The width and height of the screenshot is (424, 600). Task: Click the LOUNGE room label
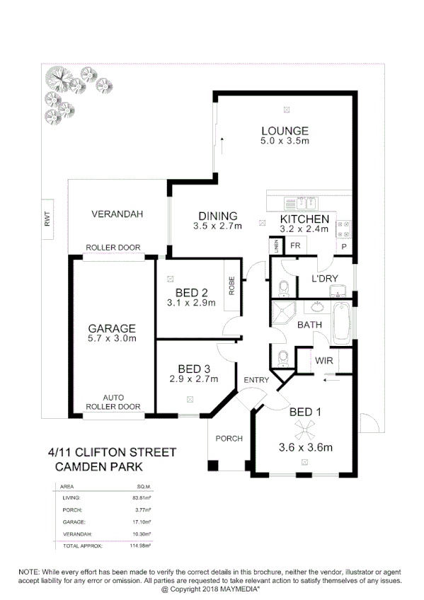[285, 131]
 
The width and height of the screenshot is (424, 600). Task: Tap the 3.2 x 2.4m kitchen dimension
[304, 229]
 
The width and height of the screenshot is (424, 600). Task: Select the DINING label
[217, 217]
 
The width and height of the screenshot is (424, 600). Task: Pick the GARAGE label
[112, 328]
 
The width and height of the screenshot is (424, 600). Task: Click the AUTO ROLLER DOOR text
[113, 402]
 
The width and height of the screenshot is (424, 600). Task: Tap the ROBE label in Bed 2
[231, 284]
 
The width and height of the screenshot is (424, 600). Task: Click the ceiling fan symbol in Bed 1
[304, 426]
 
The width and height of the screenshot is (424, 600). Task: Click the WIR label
[324, 360]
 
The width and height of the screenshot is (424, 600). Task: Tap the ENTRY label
[256, 381]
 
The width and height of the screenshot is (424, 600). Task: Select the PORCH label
[229, 438]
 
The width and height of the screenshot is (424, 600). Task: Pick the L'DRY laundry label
[324, 279]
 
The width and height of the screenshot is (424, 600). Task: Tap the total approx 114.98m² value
[142, 546]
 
